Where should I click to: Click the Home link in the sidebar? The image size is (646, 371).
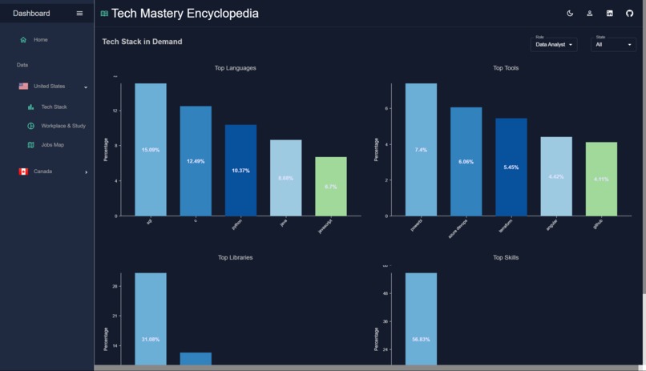point(40,40)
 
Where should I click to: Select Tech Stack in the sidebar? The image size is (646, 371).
point(54,107)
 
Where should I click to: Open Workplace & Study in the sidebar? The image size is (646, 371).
point(63,126)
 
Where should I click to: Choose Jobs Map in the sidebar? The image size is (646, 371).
point(52,145)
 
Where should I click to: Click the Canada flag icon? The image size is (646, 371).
point(23,171)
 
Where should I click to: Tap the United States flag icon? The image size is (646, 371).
point(23,87)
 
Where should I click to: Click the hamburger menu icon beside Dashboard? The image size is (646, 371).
point(79,14)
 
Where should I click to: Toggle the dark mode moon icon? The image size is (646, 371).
point(570,14)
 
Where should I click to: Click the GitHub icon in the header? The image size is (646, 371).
point(629,14)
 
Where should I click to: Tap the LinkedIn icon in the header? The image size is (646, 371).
point(609,14)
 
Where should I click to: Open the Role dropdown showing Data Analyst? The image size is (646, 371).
point(554,44)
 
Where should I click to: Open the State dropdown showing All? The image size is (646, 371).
point(613,44)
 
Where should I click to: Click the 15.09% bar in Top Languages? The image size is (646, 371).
point(151,149)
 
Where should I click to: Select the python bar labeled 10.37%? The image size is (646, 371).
point(240,170)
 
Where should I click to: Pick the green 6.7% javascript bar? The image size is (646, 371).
point(331,186)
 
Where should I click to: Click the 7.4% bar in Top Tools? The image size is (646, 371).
point(421,149)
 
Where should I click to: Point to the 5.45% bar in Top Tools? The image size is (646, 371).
point(511,167)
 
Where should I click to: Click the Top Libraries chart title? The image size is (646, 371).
point(236,258)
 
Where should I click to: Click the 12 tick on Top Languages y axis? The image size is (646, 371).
point(115,111)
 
